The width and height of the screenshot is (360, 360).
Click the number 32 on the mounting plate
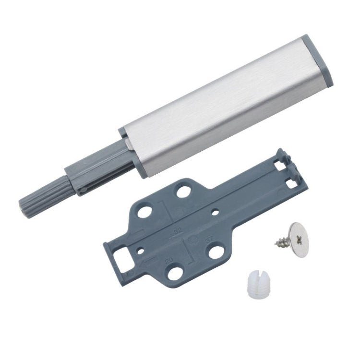point(177,232)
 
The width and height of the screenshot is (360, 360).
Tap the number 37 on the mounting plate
point(207,239)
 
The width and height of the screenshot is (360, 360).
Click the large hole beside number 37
point(216,252)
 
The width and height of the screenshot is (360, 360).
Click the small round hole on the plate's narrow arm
point(215,210)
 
